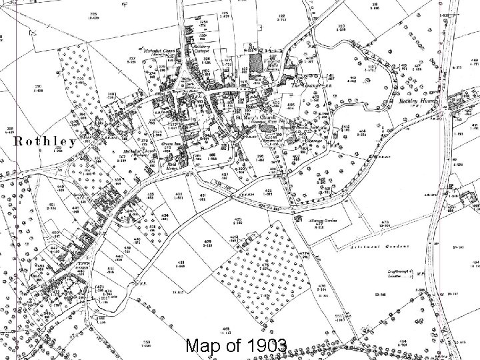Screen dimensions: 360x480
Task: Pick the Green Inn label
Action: coord(165,143)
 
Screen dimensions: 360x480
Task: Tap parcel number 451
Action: coord(51,205)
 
